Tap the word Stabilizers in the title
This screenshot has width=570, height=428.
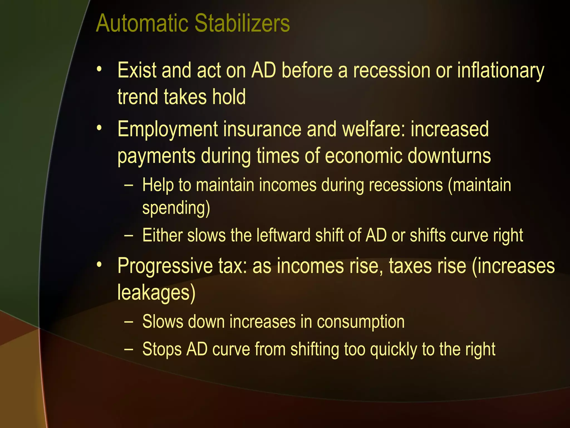pos(242,23)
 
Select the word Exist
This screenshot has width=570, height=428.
pos(137,70)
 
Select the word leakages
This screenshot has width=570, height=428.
pos(156,293)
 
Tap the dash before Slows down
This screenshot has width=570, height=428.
pos(129,322)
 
